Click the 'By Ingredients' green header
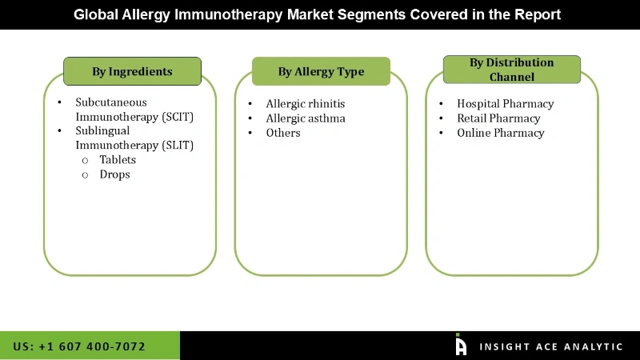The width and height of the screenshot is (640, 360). [132, 71]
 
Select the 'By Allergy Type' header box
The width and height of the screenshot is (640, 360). [321, 71]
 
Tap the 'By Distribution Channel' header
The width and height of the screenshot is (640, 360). [510, 70]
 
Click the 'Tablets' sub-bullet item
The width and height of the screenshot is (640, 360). [118, 160]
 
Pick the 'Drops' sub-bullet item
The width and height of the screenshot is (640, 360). [114, 174]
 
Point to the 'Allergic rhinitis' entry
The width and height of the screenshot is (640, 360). [305, 104]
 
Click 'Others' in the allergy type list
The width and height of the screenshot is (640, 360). [283, 133]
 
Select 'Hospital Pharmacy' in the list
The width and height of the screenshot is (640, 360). [505, 104]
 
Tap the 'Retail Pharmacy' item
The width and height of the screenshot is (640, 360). [498, 118]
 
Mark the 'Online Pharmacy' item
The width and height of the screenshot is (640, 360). [500, 133]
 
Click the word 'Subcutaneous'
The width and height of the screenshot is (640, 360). [111, 102]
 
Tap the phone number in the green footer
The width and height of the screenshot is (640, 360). [79, 346]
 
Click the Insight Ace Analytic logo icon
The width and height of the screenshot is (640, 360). [461, 345]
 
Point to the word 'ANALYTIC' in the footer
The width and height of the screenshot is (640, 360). [592, 346]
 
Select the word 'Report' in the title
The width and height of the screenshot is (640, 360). [539, 14]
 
